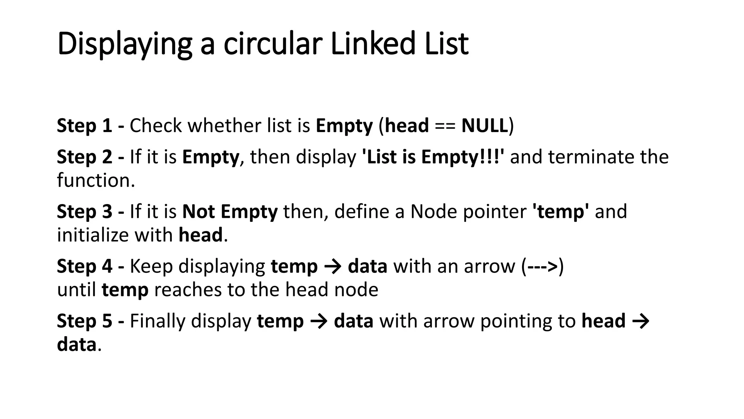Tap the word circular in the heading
tap(272, 44)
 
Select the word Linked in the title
tap(373, 44)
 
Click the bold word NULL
tap(484, 126)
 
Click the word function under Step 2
tap(96, 180)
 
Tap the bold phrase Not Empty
tap(230, 212)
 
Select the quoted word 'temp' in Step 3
tap(561, 212)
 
